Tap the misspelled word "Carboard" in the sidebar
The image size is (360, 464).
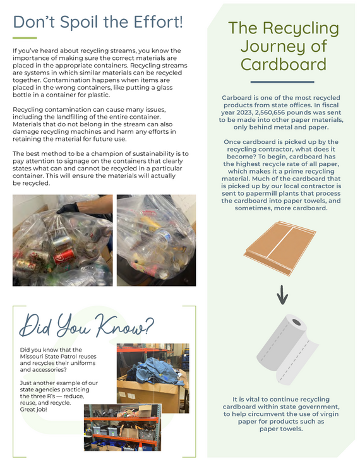tap(240, 98)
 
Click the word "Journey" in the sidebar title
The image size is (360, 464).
tap(282, 46)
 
